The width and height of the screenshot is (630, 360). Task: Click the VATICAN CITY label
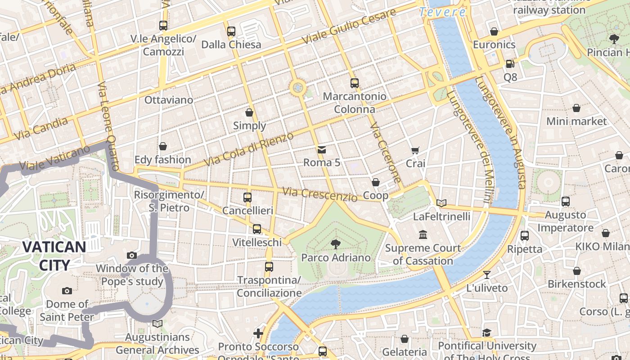pos(54,256)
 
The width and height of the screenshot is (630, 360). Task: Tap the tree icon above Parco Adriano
pos(335,244)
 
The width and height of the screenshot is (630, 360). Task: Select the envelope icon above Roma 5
pos(322,149)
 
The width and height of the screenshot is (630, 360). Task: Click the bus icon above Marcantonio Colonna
pos(355,83)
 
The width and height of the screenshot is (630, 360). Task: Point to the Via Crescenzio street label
pos(319,194)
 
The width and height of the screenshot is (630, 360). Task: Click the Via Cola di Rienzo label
pos(248,148)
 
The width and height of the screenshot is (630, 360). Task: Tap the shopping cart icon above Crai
pos(415,150)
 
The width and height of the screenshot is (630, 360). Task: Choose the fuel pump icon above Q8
pos(510,64)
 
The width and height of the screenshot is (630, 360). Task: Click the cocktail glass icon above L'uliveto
pos(486,274)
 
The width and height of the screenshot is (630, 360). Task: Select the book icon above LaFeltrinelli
pos(441,203)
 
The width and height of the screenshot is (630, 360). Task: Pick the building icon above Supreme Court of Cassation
pos(423,235)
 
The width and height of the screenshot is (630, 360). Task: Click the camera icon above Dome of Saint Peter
pos(67,291)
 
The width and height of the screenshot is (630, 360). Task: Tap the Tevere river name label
pos(442,12)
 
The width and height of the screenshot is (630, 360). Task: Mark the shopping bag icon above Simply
pos(249,112)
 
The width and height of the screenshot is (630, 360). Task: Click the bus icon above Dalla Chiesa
pos(231,31)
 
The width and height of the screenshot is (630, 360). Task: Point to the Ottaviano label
pos(169,100)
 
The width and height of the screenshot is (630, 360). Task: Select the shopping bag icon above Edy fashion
pos(163,146)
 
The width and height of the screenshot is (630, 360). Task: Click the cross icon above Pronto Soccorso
pos(258,333)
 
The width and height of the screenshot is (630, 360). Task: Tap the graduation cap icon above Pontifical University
pos(486,333)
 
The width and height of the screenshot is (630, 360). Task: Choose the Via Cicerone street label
pos(385,153)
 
